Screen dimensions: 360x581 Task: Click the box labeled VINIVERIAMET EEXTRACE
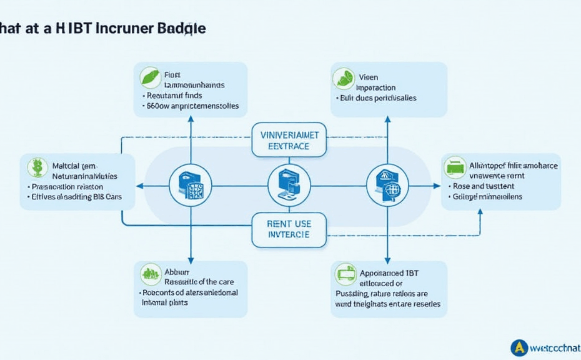pos(289,139)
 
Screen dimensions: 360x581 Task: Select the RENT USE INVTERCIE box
pos(289,229)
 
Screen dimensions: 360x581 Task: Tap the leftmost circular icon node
pos(191,186)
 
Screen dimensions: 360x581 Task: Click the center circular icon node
pos(289,186)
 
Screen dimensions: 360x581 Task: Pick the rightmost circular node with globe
pos(387,186)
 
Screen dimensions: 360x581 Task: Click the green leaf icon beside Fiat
pos(150,77)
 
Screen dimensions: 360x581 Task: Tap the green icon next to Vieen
pos(344,78)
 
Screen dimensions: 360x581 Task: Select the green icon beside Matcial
pos(38,167)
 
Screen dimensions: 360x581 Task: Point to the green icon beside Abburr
pos(151,272)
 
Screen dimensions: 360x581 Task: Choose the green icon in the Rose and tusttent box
pos(455,167)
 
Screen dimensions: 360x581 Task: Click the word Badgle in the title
pos(182,29)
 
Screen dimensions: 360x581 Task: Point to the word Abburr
pos(172,272)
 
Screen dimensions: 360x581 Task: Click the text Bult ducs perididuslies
pos(377,98)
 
